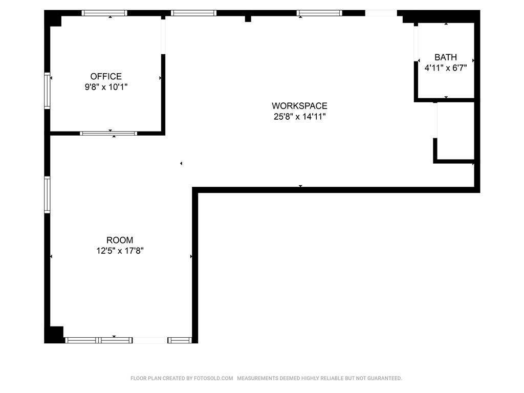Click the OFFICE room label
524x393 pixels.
(x=106, y=76)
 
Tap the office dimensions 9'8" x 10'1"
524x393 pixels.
(x=106, y=87)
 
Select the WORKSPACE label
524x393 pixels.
(x=299, y=106)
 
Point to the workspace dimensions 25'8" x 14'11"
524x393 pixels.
(x=299, y=117)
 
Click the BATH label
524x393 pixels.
(x=446, y=57)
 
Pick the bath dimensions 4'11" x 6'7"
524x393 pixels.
(x=446, y=68)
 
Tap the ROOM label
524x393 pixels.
(x=120, y=240)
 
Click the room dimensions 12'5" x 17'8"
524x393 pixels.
(x=120, y=251)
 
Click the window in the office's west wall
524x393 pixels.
(x=47, y=91)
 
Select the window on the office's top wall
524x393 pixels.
(x=104, y=13)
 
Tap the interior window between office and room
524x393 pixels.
(x=108, y=134)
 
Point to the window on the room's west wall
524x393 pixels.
(x=47, y=195)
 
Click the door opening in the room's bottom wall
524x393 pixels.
(x=150, y=340)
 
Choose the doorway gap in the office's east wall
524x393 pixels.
(x=163, y=36)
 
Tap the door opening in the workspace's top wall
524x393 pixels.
(x=381, y=13)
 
